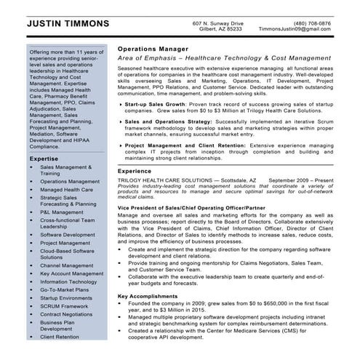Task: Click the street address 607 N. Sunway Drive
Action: click(217, 23)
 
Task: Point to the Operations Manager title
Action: click(149, 45)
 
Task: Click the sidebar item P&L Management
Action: click(67, 212)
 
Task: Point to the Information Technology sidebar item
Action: click(73, 281)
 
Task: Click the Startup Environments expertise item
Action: click(71, 297)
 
